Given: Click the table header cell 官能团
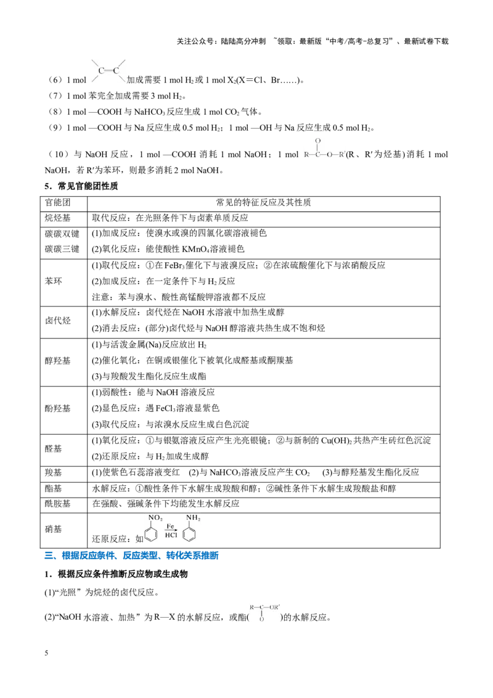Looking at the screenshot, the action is (x=58, y=202).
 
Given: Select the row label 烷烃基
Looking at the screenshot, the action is (x=58, y=218).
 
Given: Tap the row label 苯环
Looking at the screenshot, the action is (x=54, y=281).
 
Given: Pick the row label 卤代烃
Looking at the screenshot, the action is (x=58, y=321).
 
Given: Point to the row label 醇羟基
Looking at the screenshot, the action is (x=58, y=361).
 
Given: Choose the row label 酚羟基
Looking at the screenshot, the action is (x=58, y=409).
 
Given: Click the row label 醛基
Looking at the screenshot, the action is (x=54, y=449).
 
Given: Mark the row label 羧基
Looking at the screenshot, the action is (x=54, y=473).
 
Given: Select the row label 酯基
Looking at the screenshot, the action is (x=54, y=489).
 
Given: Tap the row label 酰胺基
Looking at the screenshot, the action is (x=58, y=504).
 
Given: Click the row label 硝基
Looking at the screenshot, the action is (x=54, y=529).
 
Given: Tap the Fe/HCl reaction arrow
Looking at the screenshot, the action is (x=171, y=530).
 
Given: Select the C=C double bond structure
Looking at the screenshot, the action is (x=108, y=71).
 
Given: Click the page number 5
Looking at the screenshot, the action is (x=46, y=653).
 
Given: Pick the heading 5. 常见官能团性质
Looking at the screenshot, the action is (x=81, y=186).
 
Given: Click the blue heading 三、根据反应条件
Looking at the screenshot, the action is (x=132, y=556).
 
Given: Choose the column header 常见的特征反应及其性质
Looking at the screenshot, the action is (x=263, y=202).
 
